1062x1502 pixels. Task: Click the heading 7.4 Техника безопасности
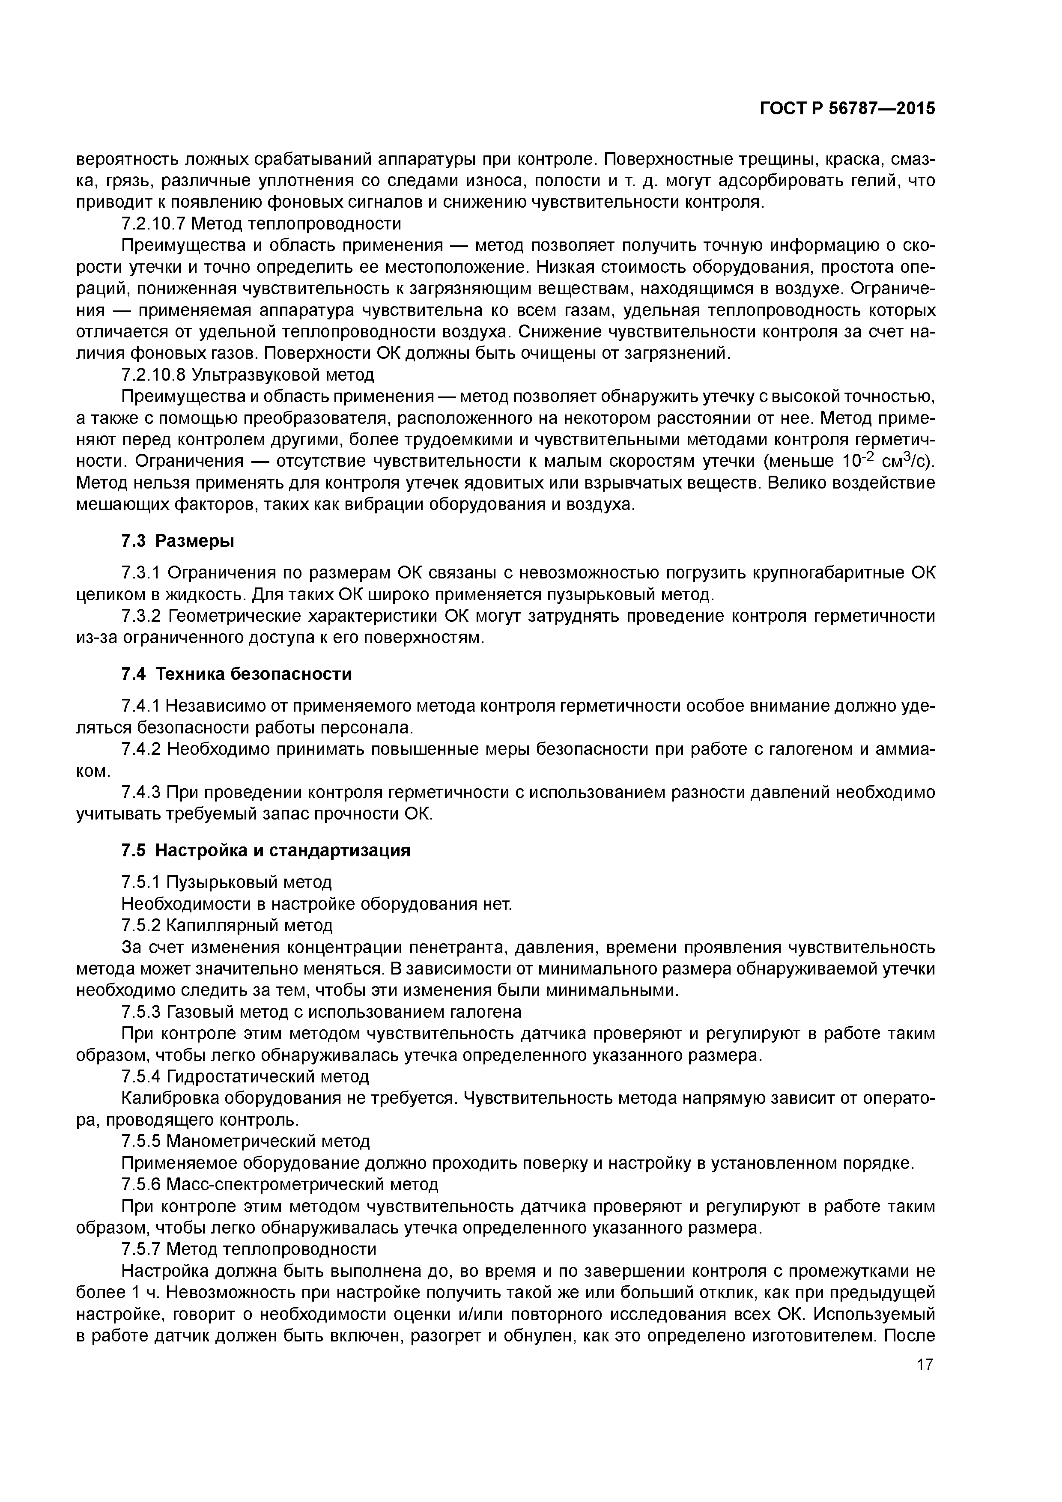pos(236,674)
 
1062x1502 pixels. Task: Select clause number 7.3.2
pos(142,616)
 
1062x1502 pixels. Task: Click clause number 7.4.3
pos(142,792)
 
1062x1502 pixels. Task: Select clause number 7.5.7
pos(142,1249)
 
